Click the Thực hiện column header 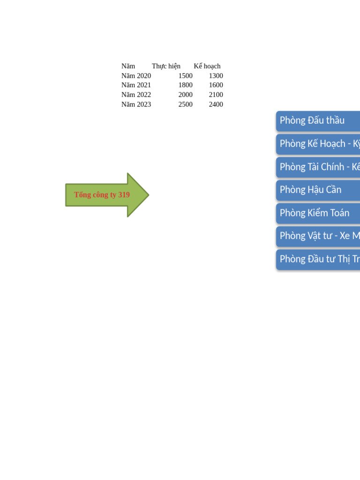166,66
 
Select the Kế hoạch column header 207,66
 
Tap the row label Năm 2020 136,76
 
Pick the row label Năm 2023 136,105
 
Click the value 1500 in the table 185,76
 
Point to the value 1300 216,76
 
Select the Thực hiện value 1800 185,85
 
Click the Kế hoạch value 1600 216,85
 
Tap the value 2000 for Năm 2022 185,95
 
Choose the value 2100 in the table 216,95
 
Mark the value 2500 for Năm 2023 185,105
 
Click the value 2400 216,105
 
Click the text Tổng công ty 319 102,195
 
